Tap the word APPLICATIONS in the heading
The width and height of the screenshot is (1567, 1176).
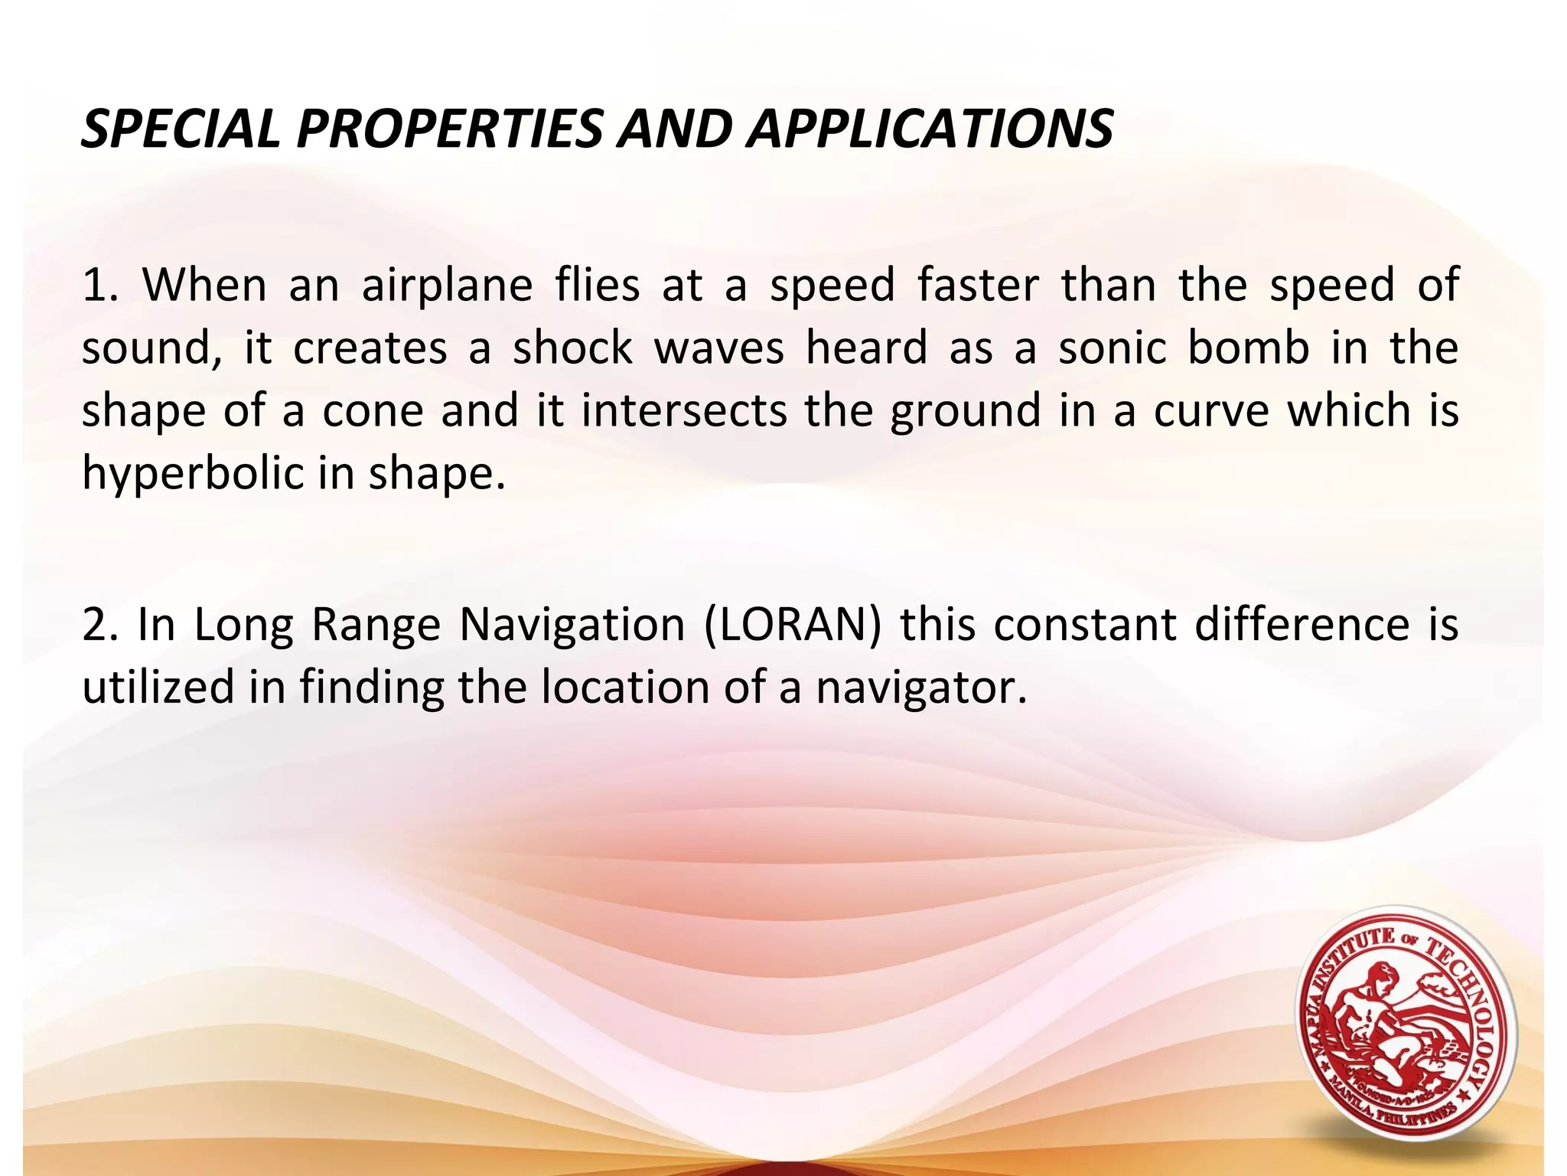tap(930, 129)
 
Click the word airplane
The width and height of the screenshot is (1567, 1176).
tap(447, 286)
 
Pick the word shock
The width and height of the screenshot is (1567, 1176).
tap(572, 348)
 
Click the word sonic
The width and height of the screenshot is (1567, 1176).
tap(1112, 348)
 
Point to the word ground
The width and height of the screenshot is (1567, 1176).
tap(966, 412)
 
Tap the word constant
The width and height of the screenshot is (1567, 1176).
tap(1085, 625)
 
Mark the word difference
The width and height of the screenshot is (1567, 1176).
tap(1301, 625)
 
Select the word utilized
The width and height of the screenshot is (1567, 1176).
tap(158, 687)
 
